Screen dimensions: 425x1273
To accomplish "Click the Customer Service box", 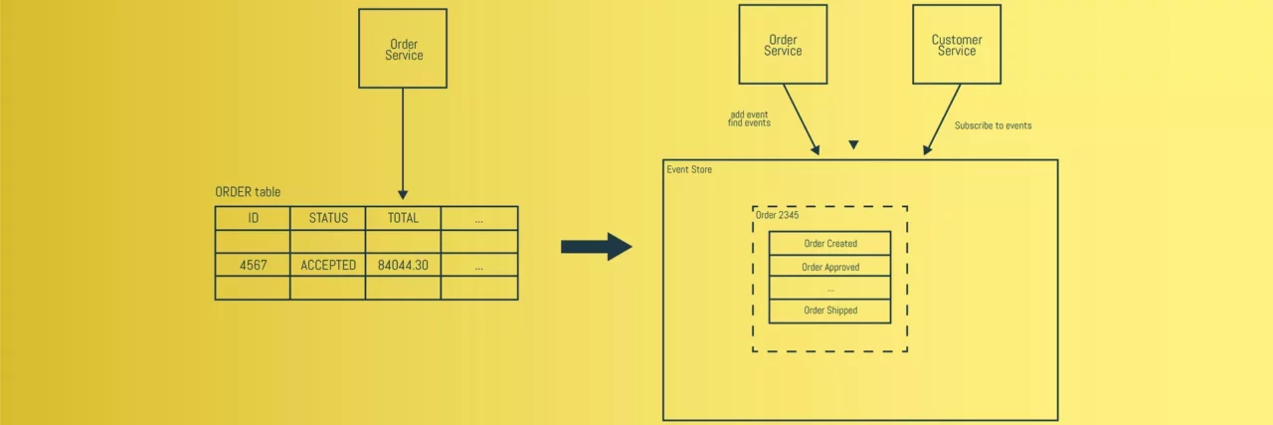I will click(957, 45).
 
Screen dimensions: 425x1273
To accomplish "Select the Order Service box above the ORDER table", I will click(403, 49).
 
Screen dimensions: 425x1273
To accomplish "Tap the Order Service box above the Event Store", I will click(783, 45).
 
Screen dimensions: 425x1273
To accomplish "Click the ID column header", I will click(253, 218).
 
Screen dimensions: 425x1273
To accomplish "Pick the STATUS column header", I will click(328, 218).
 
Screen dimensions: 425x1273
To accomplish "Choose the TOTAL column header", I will click(403, 218).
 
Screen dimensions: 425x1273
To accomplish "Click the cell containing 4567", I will click(253, 265).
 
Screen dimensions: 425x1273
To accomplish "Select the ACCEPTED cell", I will click(328, 265).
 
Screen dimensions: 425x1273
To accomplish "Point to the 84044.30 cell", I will click(403, 265).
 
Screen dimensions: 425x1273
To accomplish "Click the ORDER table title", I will click(248, 192).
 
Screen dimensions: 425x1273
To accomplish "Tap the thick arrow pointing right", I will click(596, 247).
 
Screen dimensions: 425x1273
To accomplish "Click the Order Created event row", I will click(829, 244).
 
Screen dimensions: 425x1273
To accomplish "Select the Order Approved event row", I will click(829, 267).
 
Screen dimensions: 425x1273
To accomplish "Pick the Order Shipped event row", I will click(829, 311).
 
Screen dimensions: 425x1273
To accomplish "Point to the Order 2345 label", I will click(777, 215).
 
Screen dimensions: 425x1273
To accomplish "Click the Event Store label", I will click(689, 170).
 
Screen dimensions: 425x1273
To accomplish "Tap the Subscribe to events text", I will click(993, 125).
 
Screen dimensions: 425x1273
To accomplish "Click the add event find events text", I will click(750, 118).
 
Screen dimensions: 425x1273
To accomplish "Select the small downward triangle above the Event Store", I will click(853, 145).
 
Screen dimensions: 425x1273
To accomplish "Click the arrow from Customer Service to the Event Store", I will click(943, 119).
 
